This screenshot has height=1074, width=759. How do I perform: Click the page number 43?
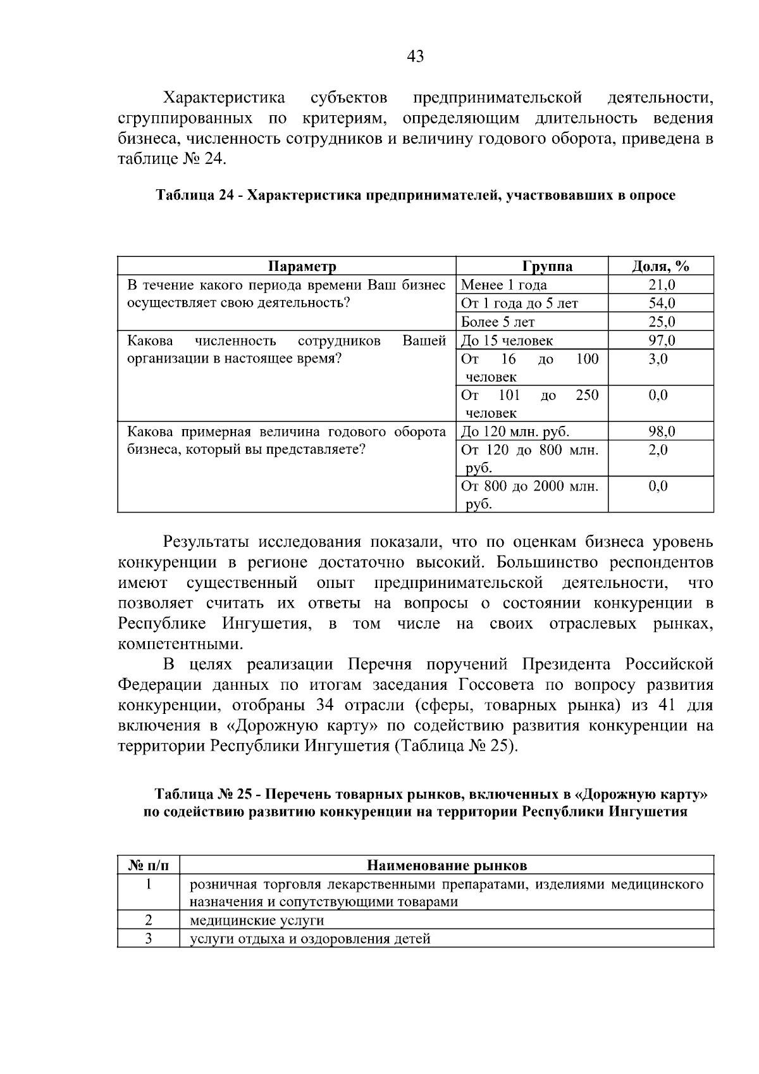pyautogui.click(x=416, y=57)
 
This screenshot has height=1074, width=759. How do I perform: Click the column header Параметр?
pyautogui.click(x=302, y=266)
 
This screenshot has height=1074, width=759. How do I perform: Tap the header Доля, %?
pyautogui.click(x=661, y=266)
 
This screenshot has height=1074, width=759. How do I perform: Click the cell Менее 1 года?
pyautogui.click(x=504, y=285)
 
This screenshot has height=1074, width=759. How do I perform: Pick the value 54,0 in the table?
pyautogui.click(x=662, y=303)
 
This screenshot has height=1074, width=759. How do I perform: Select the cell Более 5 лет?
pyautogui.click(x=498, y=322)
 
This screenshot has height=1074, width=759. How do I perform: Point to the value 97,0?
pyautogui.click(x=662, y=340)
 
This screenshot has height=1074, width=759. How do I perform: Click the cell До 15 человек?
pyautogui.click(x=507, y=340)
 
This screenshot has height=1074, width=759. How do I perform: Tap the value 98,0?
pyautogui.click(x=662, y=432)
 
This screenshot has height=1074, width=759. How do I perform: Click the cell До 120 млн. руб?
pyautogui.click(x=515, y=432)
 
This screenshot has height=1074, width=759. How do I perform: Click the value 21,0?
pyautogui.click(x=662, y=285)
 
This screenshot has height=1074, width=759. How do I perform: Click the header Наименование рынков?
pyautogui.click(x=447, y=865)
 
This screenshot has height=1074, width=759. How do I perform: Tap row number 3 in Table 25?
pyautogui.click(x=148, y=939)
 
